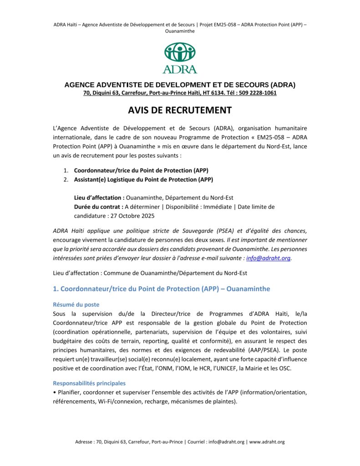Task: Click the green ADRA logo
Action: (180, 57)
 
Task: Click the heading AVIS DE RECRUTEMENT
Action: (180, 111)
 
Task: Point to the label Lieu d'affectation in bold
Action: (99, 198)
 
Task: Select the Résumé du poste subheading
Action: (76, 304)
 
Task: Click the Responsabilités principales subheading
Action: (89, 383)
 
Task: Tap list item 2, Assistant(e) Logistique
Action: (143, 179)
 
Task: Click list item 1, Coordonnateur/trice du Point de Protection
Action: (141, 171)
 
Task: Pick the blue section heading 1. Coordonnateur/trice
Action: (162, 289)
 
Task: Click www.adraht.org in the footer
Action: (267, 442)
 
